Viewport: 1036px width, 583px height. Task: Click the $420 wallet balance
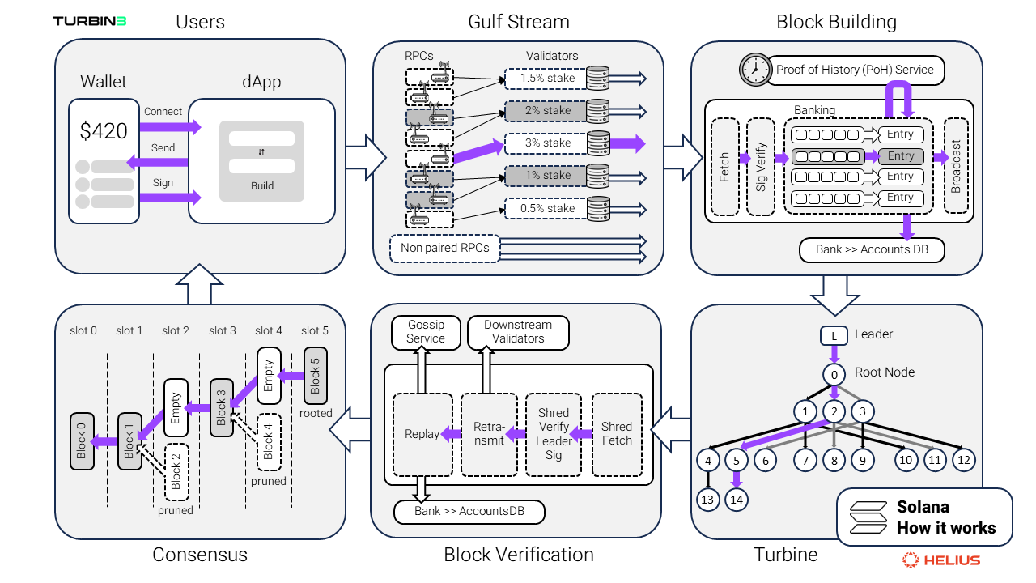click(104, 130)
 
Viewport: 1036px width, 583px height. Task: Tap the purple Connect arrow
click(170, 127)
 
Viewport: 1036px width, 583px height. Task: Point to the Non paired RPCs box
click(445, 248)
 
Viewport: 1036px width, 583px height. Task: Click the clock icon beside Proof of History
click(753, 70)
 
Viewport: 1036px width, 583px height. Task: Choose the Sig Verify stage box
click(761, 167)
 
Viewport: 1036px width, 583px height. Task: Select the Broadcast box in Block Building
click(956, 167)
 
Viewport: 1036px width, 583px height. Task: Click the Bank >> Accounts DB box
click(871, 249)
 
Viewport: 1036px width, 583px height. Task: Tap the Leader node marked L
click(834, 334)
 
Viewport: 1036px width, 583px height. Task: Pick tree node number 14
click(736, 499)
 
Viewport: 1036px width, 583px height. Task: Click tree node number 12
click(963, 460)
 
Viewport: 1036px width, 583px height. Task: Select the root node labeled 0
click(834, 374)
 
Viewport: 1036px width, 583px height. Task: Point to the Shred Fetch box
click(617, 434)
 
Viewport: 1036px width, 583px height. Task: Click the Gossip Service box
click(426, 332)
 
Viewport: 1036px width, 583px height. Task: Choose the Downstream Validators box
click(518, 332)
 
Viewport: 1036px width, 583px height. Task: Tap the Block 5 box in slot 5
click(316, 375)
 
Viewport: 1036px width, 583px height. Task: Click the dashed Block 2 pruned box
click(176, 471)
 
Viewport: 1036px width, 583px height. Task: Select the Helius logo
click(941, 560)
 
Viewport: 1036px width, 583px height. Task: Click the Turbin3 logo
click(89, 21)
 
